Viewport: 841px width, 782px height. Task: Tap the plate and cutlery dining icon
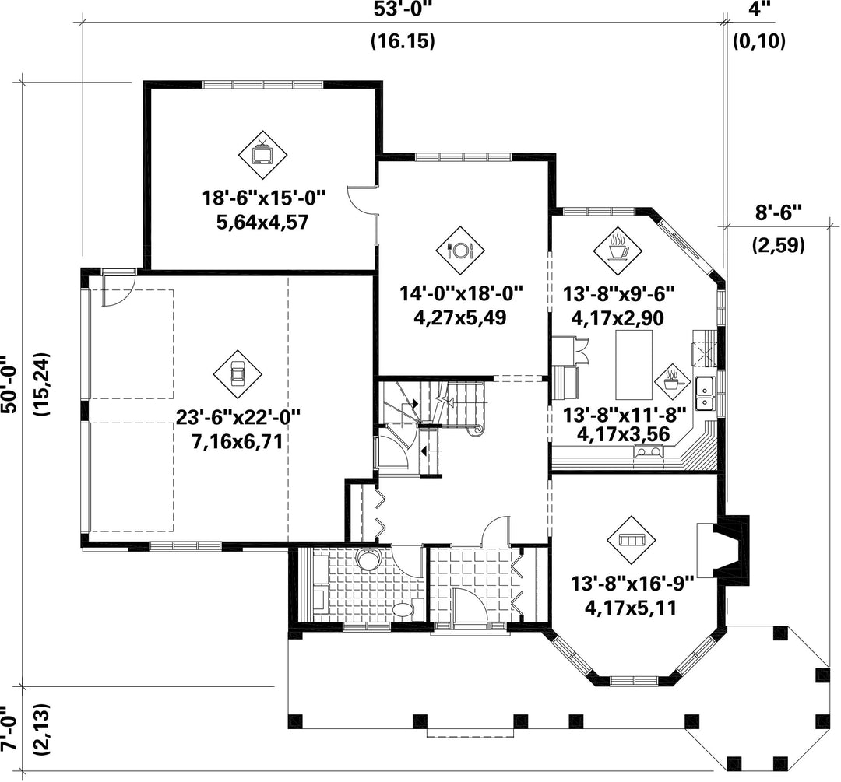point(459,250)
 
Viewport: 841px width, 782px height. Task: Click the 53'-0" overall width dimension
point(403,10)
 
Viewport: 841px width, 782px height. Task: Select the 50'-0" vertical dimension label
point(10,384)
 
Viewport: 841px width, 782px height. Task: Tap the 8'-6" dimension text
point(778,212)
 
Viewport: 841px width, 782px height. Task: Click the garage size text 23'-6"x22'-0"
point(238,416)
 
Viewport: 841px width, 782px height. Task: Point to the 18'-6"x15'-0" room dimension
point(264,198)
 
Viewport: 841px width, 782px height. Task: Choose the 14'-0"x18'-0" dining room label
point(461,293)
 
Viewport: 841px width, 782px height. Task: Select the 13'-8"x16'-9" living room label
point(632,584)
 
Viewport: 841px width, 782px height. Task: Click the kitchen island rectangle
point(634,364)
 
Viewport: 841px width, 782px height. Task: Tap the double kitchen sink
point(705,393)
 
